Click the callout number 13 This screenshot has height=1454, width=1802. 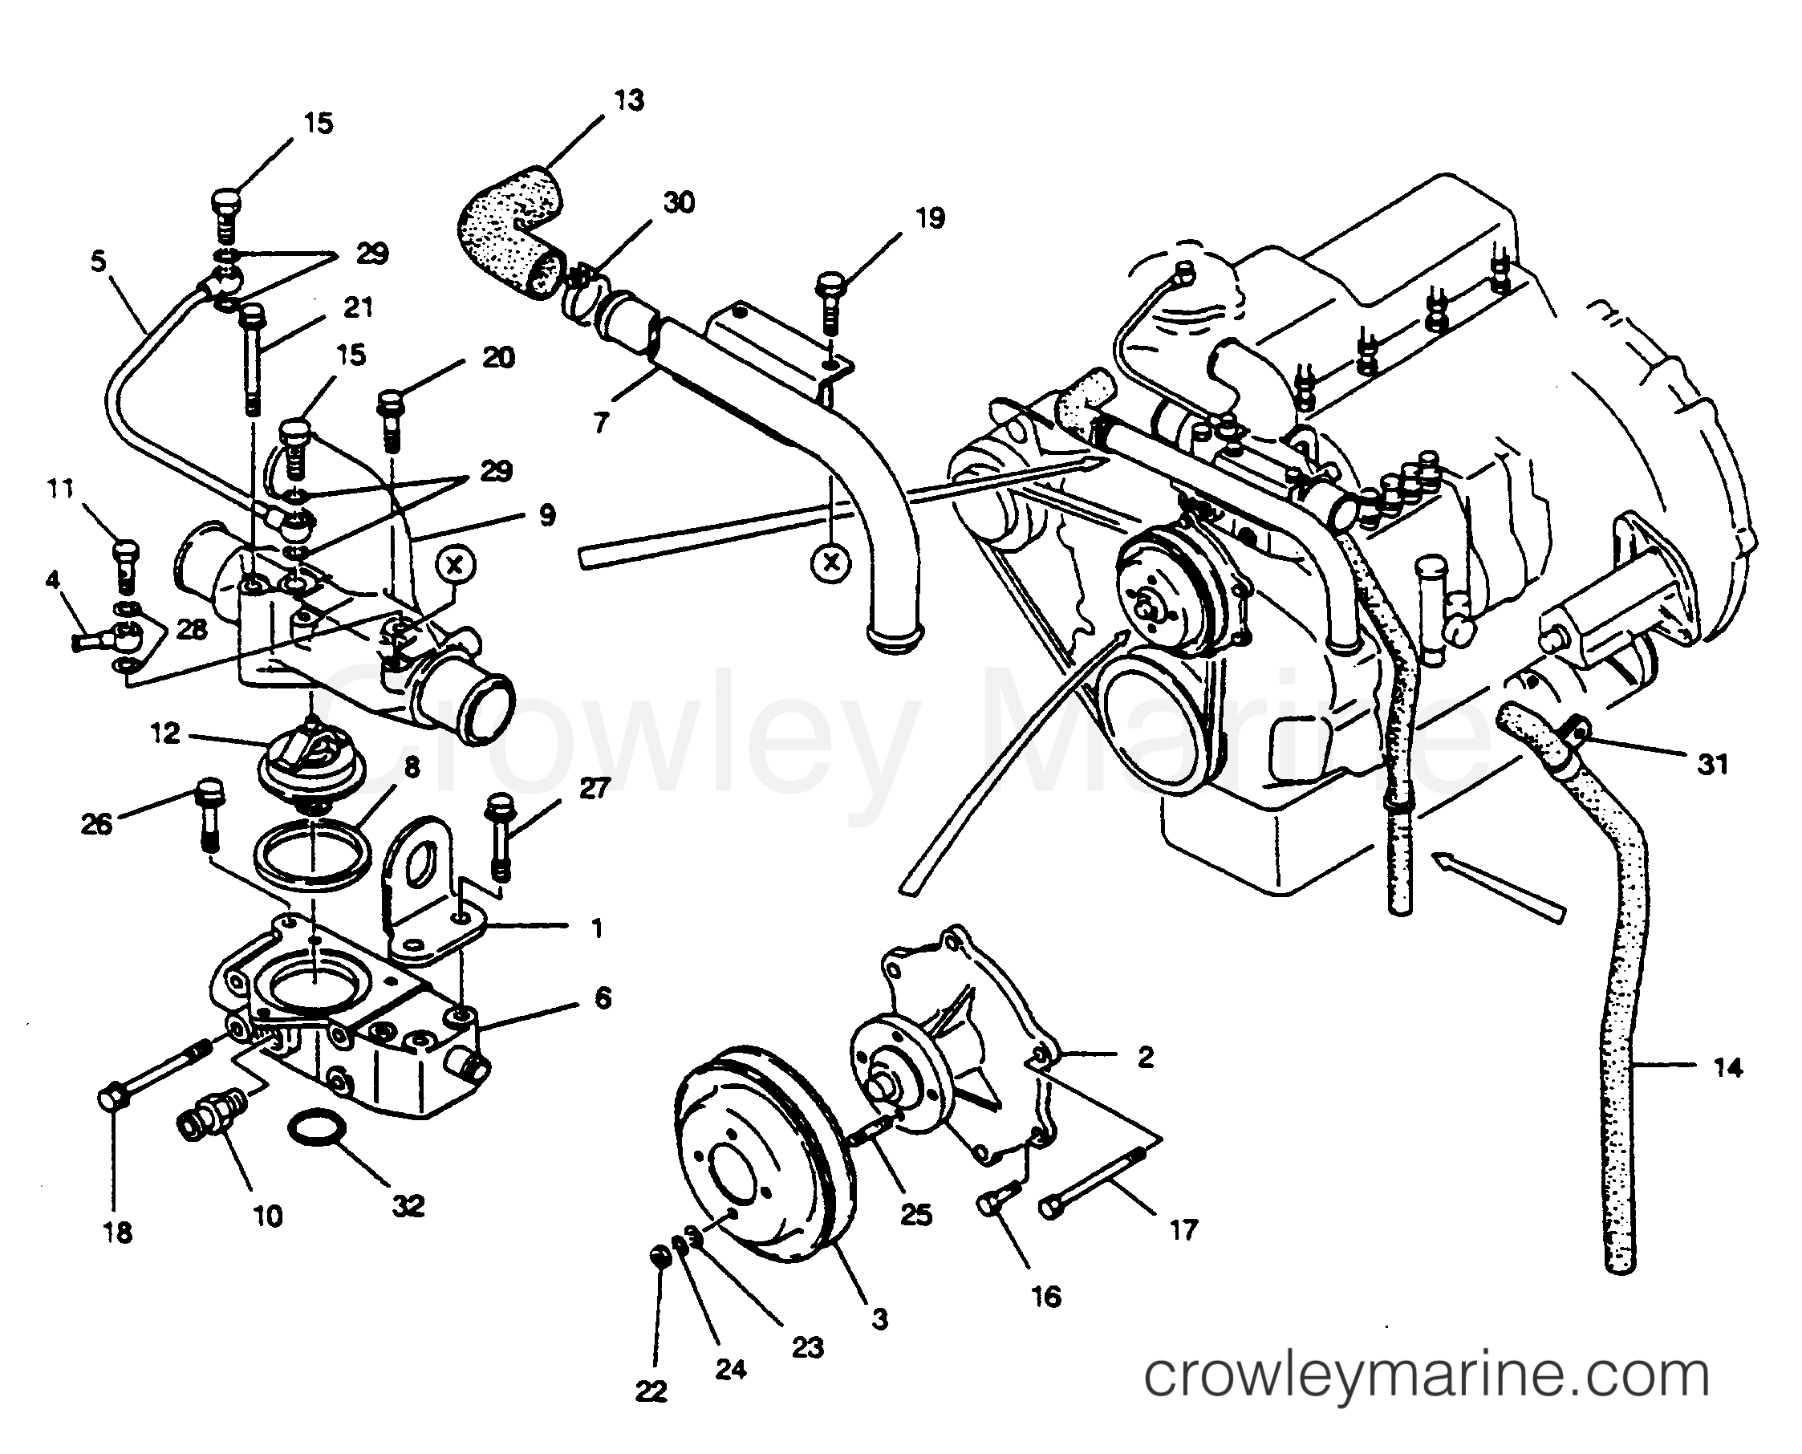629,100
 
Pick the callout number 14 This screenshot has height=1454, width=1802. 1728,1068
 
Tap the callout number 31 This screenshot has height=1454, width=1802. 1712,764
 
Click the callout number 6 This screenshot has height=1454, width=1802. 603,997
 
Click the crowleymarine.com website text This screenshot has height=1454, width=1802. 1425,1375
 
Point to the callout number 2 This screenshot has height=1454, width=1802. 1146,1057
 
